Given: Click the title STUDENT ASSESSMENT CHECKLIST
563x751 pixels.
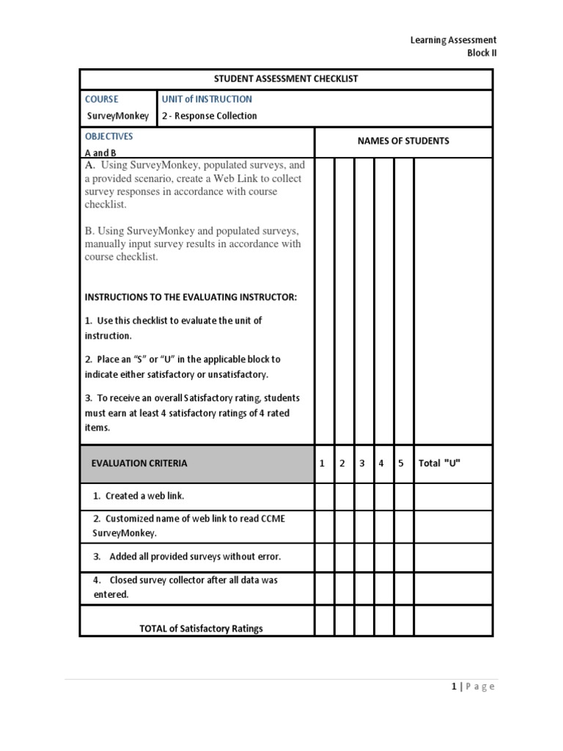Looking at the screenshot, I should click(x=286, y=78).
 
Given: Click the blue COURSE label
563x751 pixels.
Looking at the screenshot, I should click(x=101, y=99).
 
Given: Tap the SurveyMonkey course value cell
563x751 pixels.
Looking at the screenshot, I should click(x=117, y=116).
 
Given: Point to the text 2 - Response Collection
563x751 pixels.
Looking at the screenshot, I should click(x=210, y=116).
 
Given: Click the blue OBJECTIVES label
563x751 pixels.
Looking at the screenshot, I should click(x=108, y=136).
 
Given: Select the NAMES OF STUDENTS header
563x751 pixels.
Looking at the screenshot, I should click(x=403, y=141).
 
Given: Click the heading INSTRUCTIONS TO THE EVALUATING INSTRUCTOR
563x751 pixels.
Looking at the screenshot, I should click(x=191, y=297).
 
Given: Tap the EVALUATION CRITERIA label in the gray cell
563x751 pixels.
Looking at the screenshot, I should click(x=139, y=464).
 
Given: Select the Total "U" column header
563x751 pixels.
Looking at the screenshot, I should click(x=439, y=464).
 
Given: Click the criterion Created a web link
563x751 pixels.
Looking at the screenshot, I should click(x=138, y=496).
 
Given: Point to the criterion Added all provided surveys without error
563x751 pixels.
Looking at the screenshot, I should click(x=187, y=557).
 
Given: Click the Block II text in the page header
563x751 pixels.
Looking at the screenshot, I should click(x=482, y=53).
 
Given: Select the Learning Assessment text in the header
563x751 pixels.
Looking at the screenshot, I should click(x=453, y=40).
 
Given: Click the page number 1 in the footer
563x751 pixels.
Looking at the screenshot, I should click(x=455, y=686).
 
